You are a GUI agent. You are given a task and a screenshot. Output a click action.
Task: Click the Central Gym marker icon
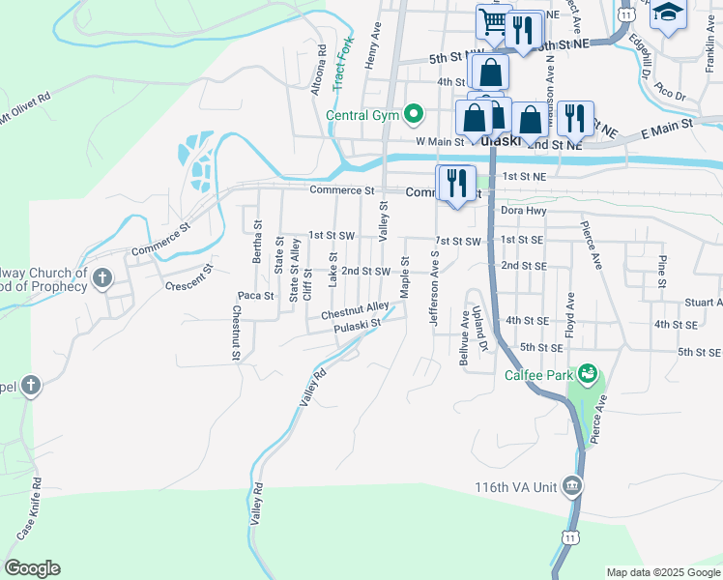tap(414, 115)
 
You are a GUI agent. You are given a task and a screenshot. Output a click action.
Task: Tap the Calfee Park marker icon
tap(586, 373)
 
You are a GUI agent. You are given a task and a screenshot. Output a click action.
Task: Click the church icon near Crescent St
tap(102, 280)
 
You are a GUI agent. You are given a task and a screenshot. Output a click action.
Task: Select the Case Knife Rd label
tap(27, 508)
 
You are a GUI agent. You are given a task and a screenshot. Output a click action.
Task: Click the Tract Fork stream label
tap(340, 66)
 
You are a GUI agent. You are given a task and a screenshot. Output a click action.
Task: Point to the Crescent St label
tap(188, 278)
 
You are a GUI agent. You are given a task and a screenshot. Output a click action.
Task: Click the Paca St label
tap(256, 295)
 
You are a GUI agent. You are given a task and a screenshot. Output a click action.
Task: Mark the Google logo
tap(33, 568)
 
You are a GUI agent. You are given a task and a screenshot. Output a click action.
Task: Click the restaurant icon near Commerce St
tap(457, 181)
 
